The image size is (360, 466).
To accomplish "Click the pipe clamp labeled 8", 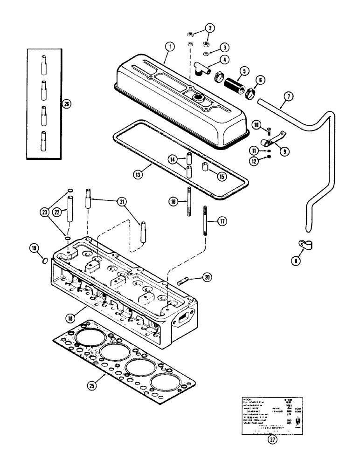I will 294,244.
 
